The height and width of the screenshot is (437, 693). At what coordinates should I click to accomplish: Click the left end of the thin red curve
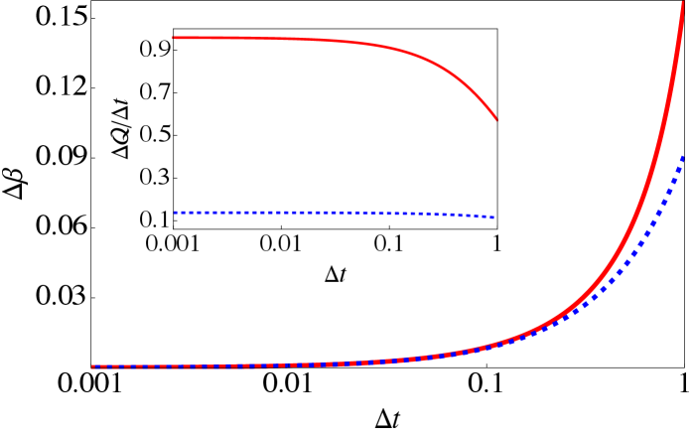[x=174, y=38]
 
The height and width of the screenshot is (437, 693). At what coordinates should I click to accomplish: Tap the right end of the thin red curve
[x=495, y=120]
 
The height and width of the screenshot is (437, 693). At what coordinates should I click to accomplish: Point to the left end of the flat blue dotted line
[x=176, y=212]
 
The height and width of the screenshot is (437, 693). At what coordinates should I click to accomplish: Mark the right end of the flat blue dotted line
[x=492, y=217]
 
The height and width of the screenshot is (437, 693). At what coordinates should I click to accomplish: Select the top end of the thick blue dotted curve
[x=683, y=157]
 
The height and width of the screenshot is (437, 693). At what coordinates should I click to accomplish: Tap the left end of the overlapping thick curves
[x=93, y=366]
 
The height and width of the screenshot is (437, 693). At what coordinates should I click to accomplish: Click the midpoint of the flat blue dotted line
[x=334, y=213]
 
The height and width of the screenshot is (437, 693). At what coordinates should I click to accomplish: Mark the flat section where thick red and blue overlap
[x=248, y=365]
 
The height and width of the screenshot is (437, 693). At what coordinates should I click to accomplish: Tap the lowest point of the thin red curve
[x=495, y=120]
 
